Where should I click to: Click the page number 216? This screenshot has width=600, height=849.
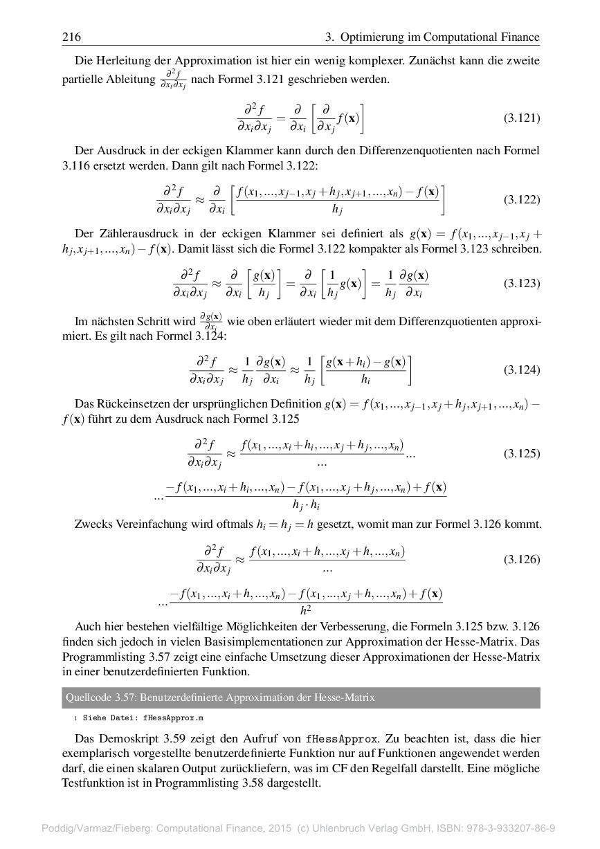pos(72,37)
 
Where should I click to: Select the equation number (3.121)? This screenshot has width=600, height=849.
pos(521,118)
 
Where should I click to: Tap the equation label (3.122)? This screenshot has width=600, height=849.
pos(521,200)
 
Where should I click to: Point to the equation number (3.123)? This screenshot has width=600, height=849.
pos(521,283)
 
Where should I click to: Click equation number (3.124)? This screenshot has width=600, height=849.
pos(521,369)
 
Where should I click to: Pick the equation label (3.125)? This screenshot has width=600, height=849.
pos(521,454)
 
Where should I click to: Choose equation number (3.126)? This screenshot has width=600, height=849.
pos(521,559)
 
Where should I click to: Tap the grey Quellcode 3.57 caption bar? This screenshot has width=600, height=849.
pos(300,697)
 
